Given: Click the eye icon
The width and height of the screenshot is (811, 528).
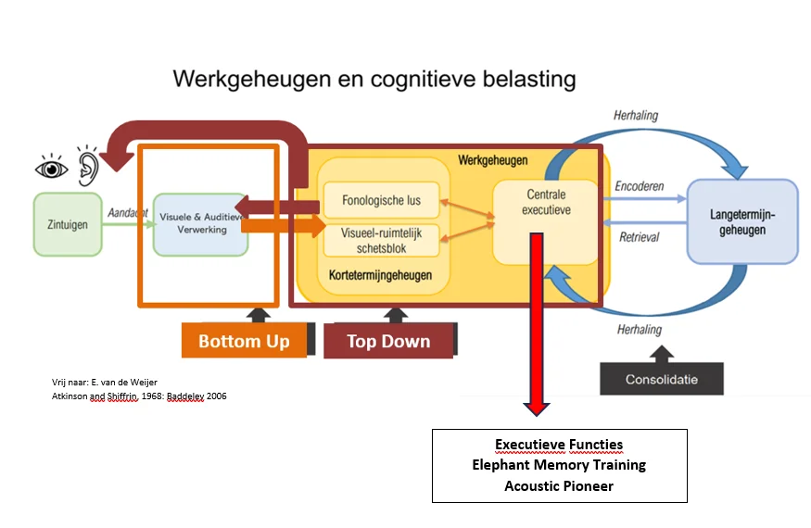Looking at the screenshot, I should (52, 168).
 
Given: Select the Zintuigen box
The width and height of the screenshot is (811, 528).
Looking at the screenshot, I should (67, 223).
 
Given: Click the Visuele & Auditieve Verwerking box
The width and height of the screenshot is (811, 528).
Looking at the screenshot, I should (200, 223).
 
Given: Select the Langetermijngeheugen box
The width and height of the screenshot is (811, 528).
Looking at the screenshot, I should (741, 222).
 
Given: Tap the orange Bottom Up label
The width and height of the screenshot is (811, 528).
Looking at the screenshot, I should (244, 341).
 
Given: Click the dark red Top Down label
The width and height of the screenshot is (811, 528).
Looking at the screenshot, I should (387, 341).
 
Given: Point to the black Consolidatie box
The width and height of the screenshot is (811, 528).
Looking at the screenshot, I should (661, 379).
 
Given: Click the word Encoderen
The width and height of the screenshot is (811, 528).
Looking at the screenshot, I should (639, 186).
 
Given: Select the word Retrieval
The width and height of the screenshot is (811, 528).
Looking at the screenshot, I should (639, 237).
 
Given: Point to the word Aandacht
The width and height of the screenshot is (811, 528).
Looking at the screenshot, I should (128, 211).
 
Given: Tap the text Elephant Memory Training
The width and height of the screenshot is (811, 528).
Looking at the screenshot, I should (559, 465).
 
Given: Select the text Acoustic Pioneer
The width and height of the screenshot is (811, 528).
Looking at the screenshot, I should (559, 485).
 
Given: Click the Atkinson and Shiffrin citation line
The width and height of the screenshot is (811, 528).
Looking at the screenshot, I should (139, 396).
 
